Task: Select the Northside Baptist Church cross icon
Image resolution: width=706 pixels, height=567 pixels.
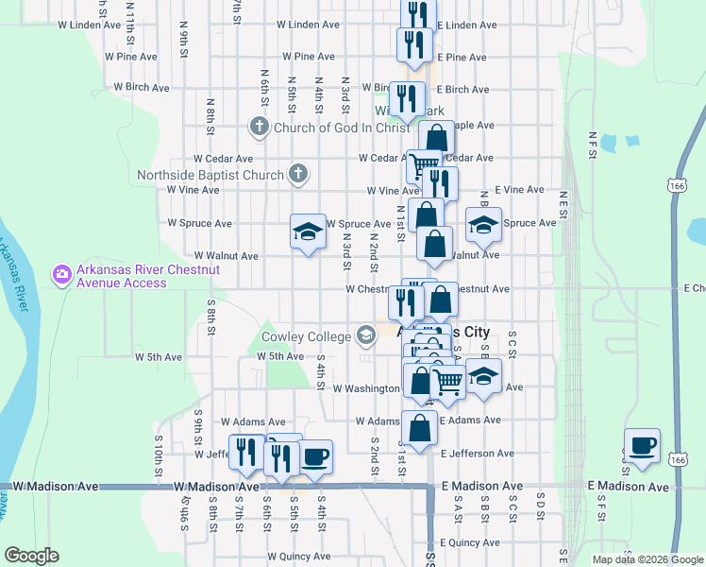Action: tap(298, 174)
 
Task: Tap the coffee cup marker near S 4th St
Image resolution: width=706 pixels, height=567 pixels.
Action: tap(315, 458)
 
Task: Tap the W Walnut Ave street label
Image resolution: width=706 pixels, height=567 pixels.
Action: tap(226, 255)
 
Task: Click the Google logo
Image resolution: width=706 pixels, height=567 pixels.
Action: tap(31, 556)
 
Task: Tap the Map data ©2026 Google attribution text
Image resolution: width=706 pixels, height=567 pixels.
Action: tap(647, 559)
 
